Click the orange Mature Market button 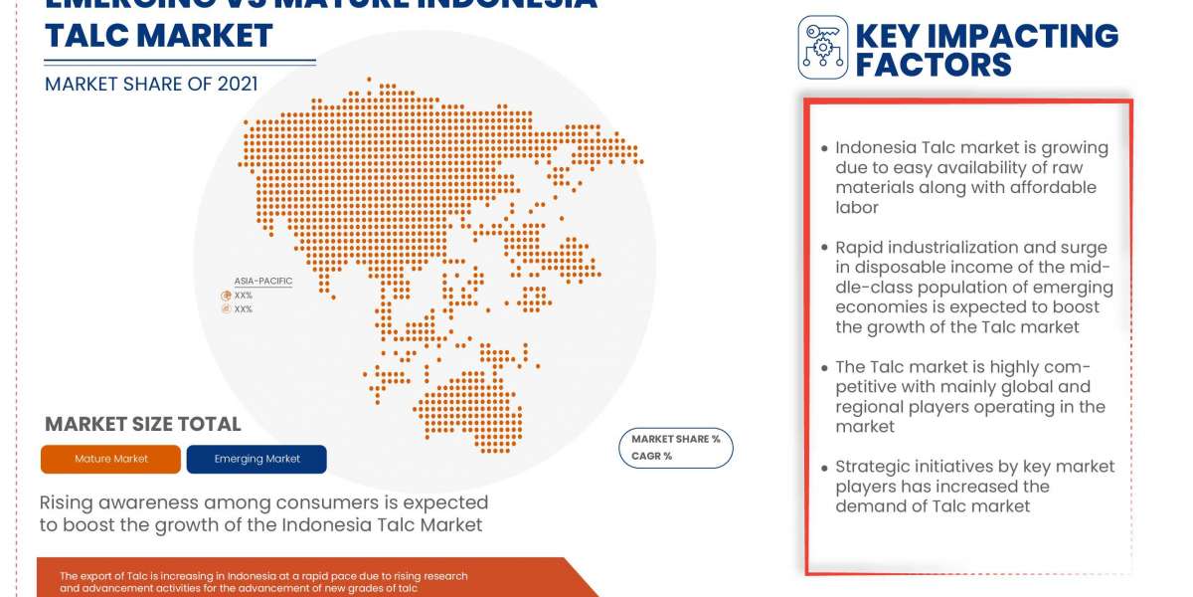[111, 459]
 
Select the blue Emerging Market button [256, 459]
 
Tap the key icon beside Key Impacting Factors [822, 48]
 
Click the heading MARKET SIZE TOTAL [143, 424]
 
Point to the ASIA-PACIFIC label [263, 281]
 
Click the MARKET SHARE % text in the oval [676, 439]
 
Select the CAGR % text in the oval [651, 456]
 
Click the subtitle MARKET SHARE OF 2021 [151, 84]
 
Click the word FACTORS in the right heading [934, 65]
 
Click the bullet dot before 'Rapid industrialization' [824, 248]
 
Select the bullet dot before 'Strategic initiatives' [824, 467]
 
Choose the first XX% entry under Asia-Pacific [243, 296]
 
